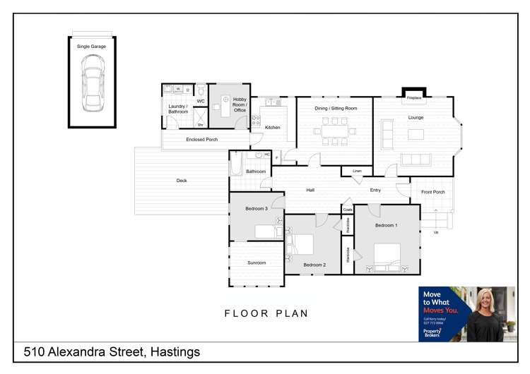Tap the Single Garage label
92,47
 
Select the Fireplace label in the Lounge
414,97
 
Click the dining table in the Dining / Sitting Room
335,131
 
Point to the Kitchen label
273,128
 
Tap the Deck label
182,181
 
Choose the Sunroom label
257,263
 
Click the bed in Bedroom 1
387,255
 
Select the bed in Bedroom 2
303,245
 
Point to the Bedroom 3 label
257,209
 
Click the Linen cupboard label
357,171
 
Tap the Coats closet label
347,209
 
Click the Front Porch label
432,192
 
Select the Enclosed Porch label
202,140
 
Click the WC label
201,102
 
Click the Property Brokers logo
432,332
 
